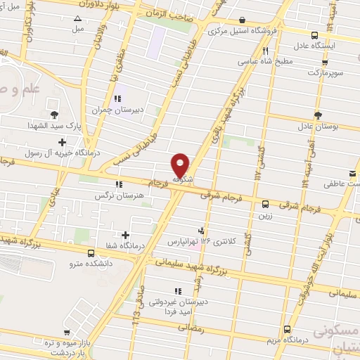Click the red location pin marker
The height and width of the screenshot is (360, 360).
181,165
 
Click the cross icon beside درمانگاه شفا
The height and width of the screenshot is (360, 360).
126,235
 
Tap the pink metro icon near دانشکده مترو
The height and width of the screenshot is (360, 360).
91,252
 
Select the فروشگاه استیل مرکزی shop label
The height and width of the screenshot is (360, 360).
243,31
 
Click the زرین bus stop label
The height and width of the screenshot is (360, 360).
265,216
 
